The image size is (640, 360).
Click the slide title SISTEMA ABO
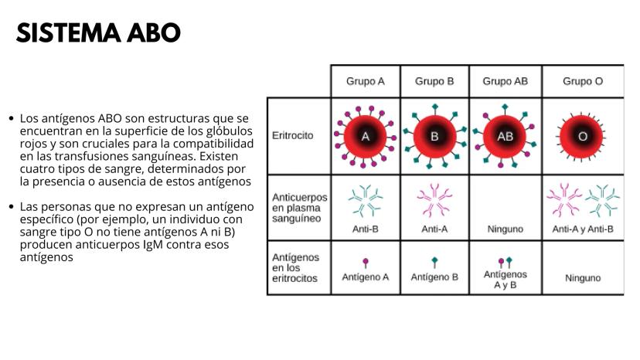click(x=98, y=32)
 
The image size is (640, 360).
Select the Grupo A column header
click(x=366, y=80)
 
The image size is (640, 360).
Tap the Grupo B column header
click(x=434, y=80)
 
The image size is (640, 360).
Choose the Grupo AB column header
click(x=505, y=80)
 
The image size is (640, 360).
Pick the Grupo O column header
click(x=582, y=80)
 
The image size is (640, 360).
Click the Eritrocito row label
click(x=293, y=135)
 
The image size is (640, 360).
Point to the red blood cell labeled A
click(x=366, y=136)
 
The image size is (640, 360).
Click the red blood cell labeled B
click(x=434, y=136)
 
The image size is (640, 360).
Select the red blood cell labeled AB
click(x=505, y=136)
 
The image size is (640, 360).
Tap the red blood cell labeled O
click(x=583, y=136)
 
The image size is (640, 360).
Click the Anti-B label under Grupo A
click(x=366, y=229)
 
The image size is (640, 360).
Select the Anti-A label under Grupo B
click(x=434, y=229)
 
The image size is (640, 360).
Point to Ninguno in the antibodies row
click(x=505, y=229)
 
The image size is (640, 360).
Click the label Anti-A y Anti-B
click(x=583, y=229)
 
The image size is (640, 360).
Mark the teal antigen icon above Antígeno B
click(x=434, y=262)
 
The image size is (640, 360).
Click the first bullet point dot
click(x=11, y=119)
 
